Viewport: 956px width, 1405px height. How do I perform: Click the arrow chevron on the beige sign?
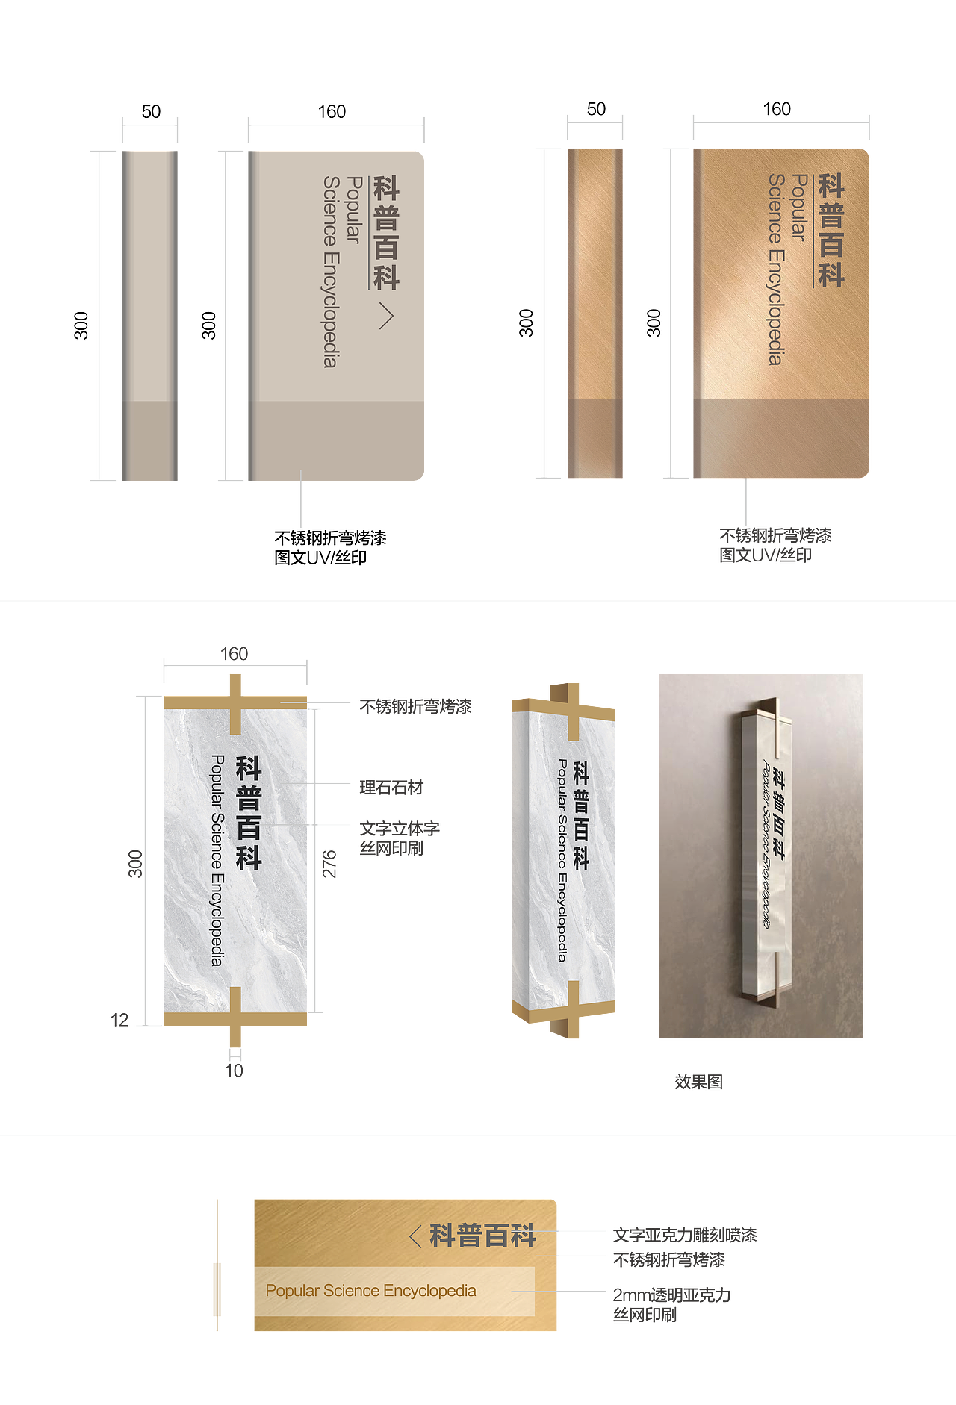click(385, 316)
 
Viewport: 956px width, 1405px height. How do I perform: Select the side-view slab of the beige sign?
click(149, 315)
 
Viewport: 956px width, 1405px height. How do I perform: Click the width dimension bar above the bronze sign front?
click(781, 127)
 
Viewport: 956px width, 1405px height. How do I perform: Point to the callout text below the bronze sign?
click(775, 545)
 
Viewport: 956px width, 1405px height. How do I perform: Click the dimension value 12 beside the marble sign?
click(119, 1020)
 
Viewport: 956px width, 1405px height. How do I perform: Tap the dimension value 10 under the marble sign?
click(235, 1071)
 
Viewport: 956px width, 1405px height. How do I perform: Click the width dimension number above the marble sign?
click(235, 654)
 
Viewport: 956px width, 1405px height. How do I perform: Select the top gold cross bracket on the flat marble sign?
click(235, 702)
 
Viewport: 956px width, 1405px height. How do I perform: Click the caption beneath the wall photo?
click(698, 1082)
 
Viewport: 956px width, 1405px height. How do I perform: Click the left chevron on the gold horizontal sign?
click(415, 1236)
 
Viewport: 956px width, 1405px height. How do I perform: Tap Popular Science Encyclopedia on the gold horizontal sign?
click(370, 1291)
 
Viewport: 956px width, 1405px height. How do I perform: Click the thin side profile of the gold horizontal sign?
click(217, 1265)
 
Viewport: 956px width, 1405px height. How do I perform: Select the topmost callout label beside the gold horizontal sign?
click(683, 1235)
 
